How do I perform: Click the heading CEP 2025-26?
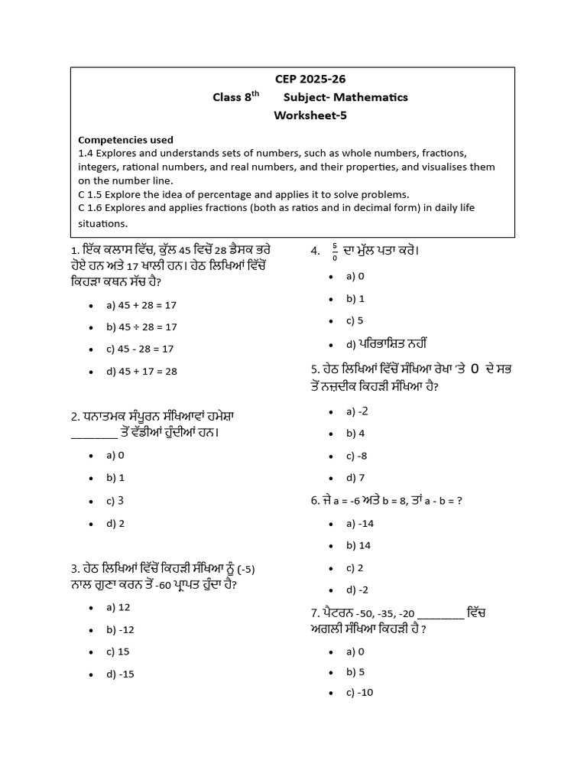pyautogui.click(x=304, y=79)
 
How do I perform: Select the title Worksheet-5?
pyautogui.click(x=304, y=115)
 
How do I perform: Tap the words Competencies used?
pyautogui.click(x=125, y=140)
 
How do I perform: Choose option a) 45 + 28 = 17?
pyautogui.click(x=141, y=304)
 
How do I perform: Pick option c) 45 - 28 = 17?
pyautogui.click(x=141, y=349)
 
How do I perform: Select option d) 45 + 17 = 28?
pyautogui.click(x=141, y=371)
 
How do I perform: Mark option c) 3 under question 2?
pyautogui.click(x=115, y=501)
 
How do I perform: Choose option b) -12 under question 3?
pyautogui.click(x=121, y=629)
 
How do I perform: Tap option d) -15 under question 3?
pyautogui.click(x=121, y=674)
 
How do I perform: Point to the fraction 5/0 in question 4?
pyautogui.click(x=334, y=252)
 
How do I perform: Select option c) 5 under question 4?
pyautogui.click(x=354, y=320)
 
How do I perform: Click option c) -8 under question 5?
pyautogui.click(x=357, y=456)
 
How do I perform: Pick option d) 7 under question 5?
pyautogui.click(x=354, y=478)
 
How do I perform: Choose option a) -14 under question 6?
pyautogui.click(x=359, y=523)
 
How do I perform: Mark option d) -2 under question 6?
pyautogui.click(x=357, y=590)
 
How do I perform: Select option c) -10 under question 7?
pyautogui.click(x=359, y=693)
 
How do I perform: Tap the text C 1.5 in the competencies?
pyautogui.click(x=92, y=194)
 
